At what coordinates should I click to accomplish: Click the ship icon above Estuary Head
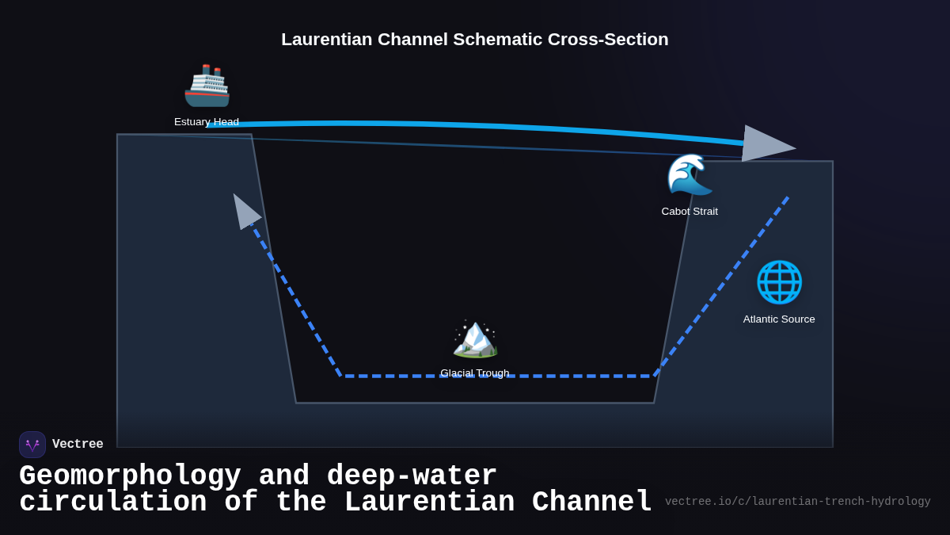tap(207, 86)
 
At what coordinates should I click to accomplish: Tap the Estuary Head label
tap(207, 122)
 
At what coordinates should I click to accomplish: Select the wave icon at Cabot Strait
tap(690, 174)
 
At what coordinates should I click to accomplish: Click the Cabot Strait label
tap(690, 212)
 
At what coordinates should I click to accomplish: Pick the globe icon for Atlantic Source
tap(779, 282)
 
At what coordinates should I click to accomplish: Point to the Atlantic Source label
tap(779, 319)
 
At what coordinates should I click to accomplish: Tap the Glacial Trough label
tap(475, 373)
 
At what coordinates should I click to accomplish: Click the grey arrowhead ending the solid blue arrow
tap(766, 144)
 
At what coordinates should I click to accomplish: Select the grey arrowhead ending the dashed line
tap(245, 212)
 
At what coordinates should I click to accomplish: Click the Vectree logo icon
tap(32, 445)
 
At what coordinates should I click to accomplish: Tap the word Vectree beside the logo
tap(78, 445)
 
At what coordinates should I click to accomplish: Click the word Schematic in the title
tap(498, 40)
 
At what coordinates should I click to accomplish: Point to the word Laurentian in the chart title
tap(326, 40)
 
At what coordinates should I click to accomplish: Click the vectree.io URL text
tap(797, 502)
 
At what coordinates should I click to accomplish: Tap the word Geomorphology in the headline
tap(130, 476)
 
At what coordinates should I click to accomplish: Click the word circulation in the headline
tap(112, 503)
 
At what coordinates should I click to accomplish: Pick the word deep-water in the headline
tap(412, 476)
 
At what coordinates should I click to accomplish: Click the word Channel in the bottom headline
tap(591, 503)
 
